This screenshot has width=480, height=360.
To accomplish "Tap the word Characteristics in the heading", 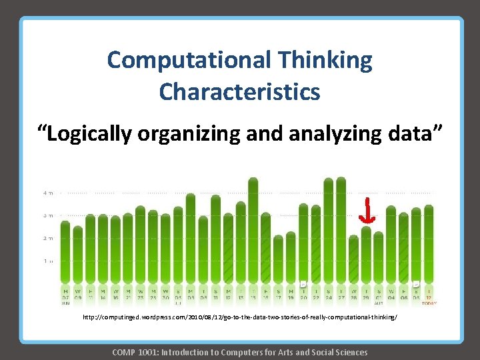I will point(239,91).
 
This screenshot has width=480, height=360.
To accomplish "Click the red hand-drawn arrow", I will point(366,210).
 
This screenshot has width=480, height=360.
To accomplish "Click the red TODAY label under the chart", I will point(429,303).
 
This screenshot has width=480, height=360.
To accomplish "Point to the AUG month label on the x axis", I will point(379,303).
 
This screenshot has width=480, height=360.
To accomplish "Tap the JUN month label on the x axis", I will point(65,303).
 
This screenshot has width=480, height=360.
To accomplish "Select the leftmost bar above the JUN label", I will point(65,253).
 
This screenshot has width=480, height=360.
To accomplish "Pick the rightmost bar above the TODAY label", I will point(429,247).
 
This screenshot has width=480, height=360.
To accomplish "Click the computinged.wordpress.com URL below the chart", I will point(239,318).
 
